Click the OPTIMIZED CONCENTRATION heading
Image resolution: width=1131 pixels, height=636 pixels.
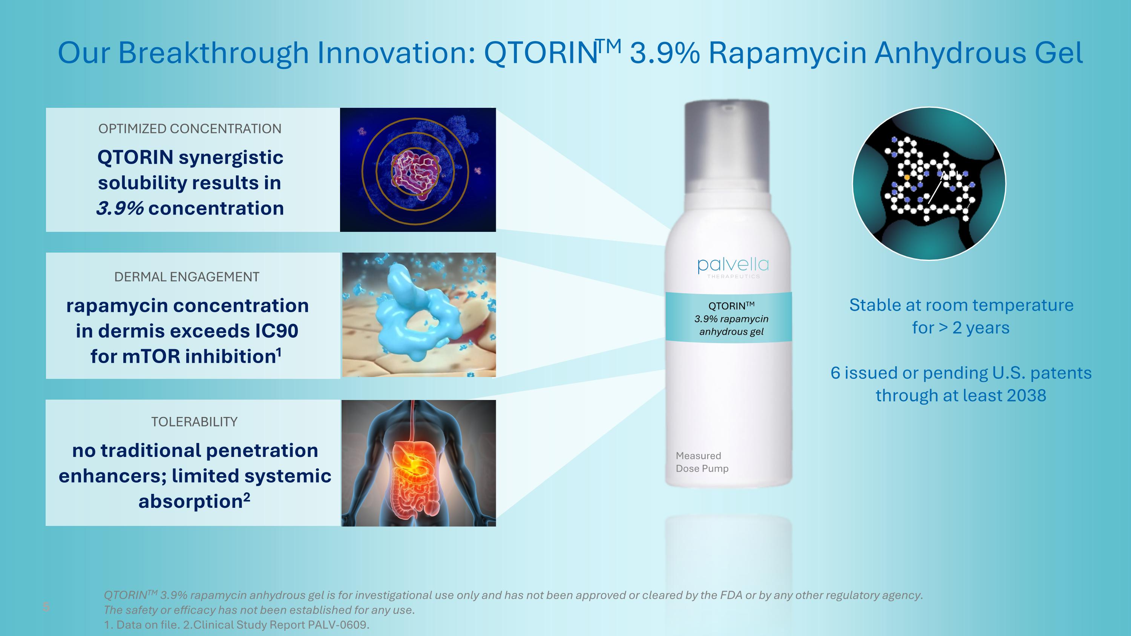(190, 129)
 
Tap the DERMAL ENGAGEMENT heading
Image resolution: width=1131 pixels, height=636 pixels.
(187, 277)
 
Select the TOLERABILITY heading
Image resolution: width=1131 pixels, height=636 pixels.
(194, 422)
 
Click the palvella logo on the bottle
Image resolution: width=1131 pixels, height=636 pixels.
(733, 265)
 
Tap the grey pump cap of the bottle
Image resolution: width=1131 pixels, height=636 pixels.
(727, 145)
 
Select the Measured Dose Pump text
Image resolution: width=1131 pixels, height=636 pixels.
(702, 462)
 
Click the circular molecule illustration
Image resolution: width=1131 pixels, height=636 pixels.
(929, 184)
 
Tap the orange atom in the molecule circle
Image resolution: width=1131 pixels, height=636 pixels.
(907, 177)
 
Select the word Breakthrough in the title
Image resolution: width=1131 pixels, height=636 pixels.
(213, 53)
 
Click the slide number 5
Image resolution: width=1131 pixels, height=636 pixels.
(46, 607)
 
